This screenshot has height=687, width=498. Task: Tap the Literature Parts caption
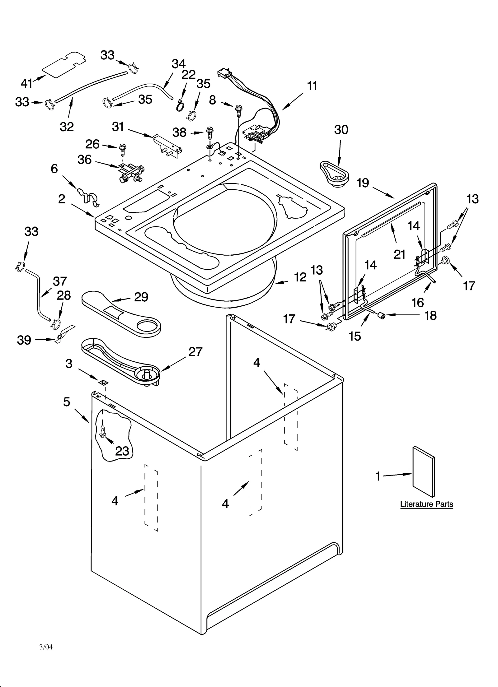click(426, 504)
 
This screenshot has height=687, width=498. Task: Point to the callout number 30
click(341, 130)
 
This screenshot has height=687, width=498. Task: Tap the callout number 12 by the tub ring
click(300, 277)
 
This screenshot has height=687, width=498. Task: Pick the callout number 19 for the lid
click(363, 183)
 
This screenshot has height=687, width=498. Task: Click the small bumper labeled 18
click(380, 316)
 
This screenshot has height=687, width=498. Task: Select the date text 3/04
click(46, 647)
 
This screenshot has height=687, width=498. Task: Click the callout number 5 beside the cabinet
click(67, 402)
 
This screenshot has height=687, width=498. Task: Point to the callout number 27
click(195, 352)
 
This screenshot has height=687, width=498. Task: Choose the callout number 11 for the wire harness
click(312, 86)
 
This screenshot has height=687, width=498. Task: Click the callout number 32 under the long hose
click(67, 127)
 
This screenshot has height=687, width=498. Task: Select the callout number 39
click(24, 340)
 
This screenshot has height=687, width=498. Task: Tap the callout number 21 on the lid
click(399, 254)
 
